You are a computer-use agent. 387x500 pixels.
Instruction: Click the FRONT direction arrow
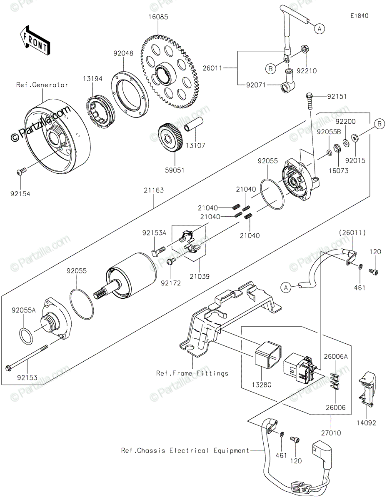tap(35, 41)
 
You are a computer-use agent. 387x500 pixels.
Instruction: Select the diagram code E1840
tap(359, 16)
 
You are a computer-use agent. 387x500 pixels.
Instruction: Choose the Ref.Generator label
tap(42, 85)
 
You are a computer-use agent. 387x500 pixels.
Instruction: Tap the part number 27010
tap(331, 433)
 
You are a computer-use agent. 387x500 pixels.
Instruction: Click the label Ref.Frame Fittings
tap(192, 373)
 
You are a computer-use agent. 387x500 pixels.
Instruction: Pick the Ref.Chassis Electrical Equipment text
tap(185, 450)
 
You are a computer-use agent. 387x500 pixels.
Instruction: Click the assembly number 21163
tap(154, 190)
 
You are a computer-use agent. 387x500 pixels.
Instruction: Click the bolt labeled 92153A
tap(158, 251)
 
